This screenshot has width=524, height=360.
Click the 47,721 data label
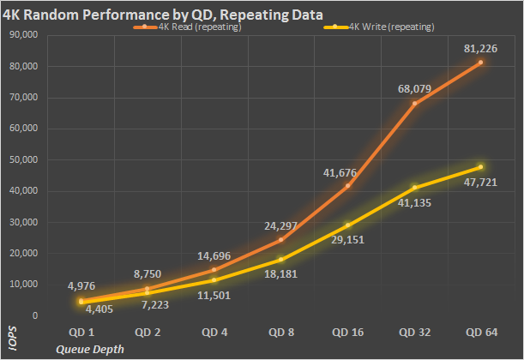(x=480, y=183)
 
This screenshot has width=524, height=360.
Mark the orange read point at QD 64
(x=480, y=63)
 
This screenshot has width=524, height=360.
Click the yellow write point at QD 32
(x=414, y=188)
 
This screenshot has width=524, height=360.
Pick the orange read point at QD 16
(x=347, y=186)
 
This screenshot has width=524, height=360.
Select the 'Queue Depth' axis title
(x=90, y=349)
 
